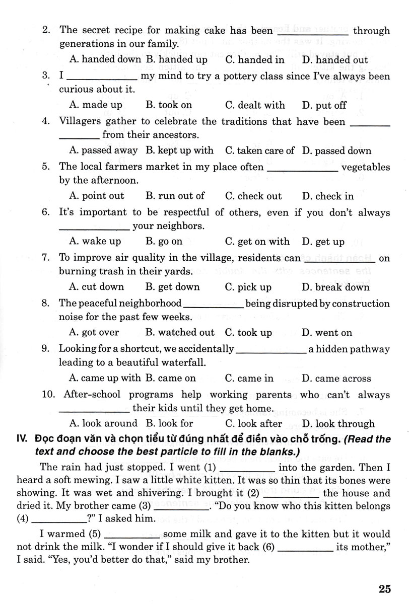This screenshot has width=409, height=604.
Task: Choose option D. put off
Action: [324, 105]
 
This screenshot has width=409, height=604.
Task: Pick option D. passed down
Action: [336, 150]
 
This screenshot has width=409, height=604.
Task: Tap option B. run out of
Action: [175, 196]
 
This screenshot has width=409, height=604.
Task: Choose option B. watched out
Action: [179, 333]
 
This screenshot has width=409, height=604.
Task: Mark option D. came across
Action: [336, 379]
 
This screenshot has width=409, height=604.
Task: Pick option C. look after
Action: [253, 424]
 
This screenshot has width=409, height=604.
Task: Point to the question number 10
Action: [49, 395]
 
